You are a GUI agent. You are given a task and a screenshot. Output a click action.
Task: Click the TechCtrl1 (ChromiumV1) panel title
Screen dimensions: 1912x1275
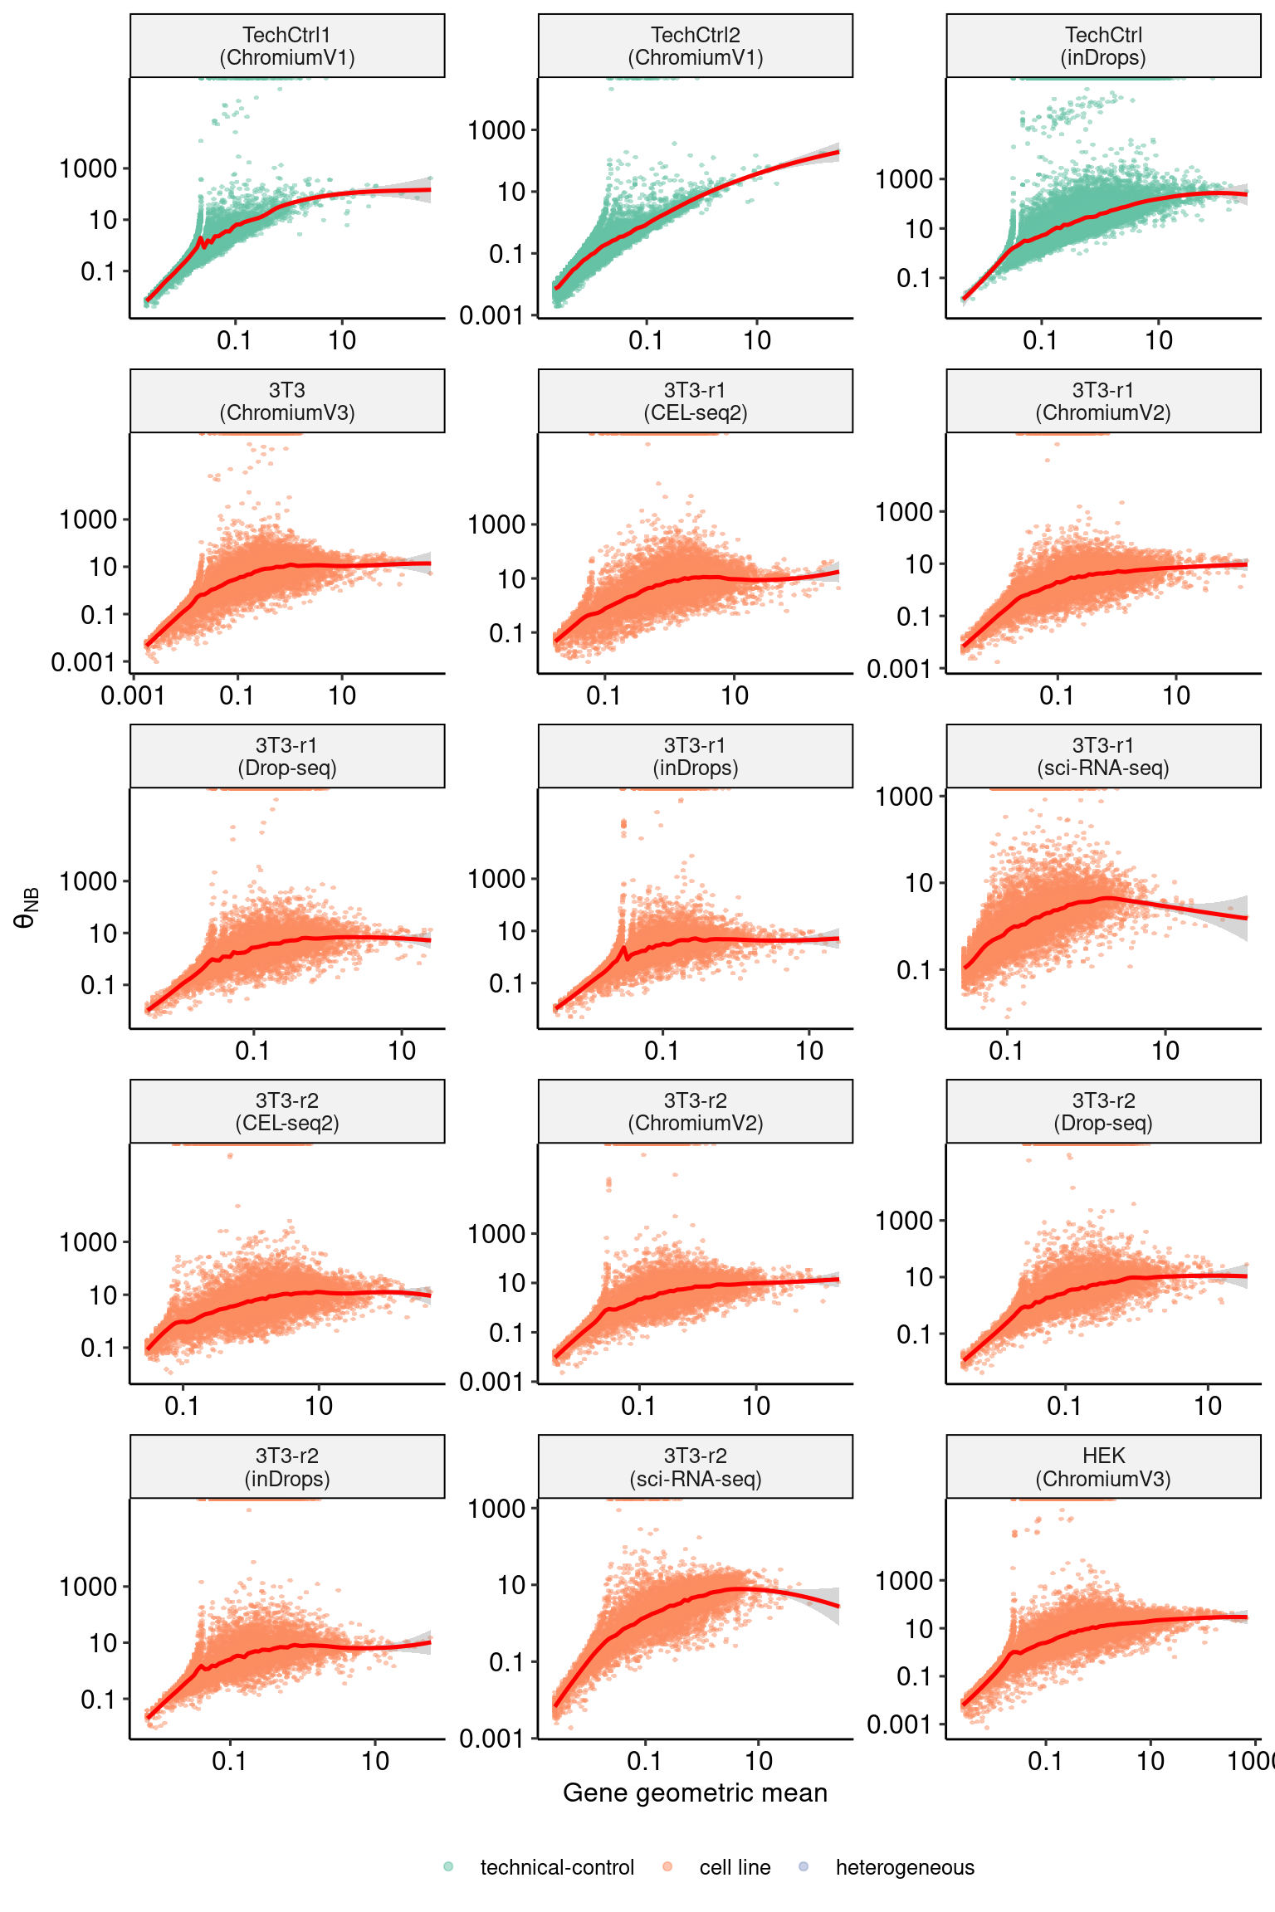click(x=287, y=46)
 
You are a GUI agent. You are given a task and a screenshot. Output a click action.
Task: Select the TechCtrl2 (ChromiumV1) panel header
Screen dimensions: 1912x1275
click(x=696, y=46)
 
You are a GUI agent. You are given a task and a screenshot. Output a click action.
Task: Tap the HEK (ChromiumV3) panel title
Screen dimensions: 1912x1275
click(x=1103, y=1467)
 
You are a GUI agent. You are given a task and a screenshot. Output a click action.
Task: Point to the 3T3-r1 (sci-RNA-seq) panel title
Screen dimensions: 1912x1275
click(x=1103, y=757)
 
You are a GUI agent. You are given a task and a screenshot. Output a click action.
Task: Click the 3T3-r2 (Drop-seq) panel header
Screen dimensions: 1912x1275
click(x=1103, y=1112)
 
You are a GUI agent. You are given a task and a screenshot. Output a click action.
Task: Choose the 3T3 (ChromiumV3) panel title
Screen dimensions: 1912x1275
click(x=287, y=402)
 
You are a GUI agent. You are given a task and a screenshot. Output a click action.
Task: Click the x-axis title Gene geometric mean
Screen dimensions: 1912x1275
click(x=696, y=1792)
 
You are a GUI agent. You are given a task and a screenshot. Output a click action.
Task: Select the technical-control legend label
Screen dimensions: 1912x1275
click(x=557, y=1867)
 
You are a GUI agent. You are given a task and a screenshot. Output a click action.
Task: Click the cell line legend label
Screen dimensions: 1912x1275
click(x=735, y=1867)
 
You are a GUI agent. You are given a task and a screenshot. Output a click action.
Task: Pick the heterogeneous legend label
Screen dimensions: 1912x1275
click(x=905, y=1867)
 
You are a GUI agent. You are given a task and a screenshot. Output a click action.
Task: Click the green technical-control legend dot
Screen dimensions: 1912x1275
click(x=448, y=1867)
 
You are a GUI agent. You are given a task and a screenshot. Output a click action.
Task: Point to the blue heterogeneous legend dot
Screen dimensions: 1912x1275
click(x=804, y=1867)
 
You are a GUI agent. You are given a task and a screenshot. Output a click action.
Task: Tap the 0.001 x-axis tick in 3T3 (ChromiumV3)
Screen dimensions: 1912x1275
click(x=133, y=695)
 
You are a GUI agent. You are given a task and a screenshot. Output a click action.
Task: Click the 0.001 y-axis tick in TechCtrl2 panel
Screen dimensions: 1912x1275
click(x=492, y=315)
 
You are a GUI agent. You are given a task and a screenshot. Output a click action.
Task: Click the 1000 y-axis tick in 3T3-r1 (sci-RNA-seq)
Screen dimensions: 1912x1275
click(x=905, y=797)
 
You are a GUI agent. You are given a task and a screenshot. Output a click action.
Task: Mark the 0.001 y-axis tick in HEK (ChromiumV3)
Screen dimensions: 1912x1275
click(x=900, y=1724)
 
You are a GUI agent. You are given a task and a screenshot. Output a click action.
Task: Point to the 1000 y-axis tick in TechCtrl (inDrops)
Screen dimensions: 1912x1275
click(x=905, y=179)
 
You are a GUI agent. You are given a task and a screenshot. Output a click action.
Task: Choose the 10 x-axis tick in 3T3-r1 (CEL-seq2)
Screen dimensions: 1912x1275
click(x=735, y=695)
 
